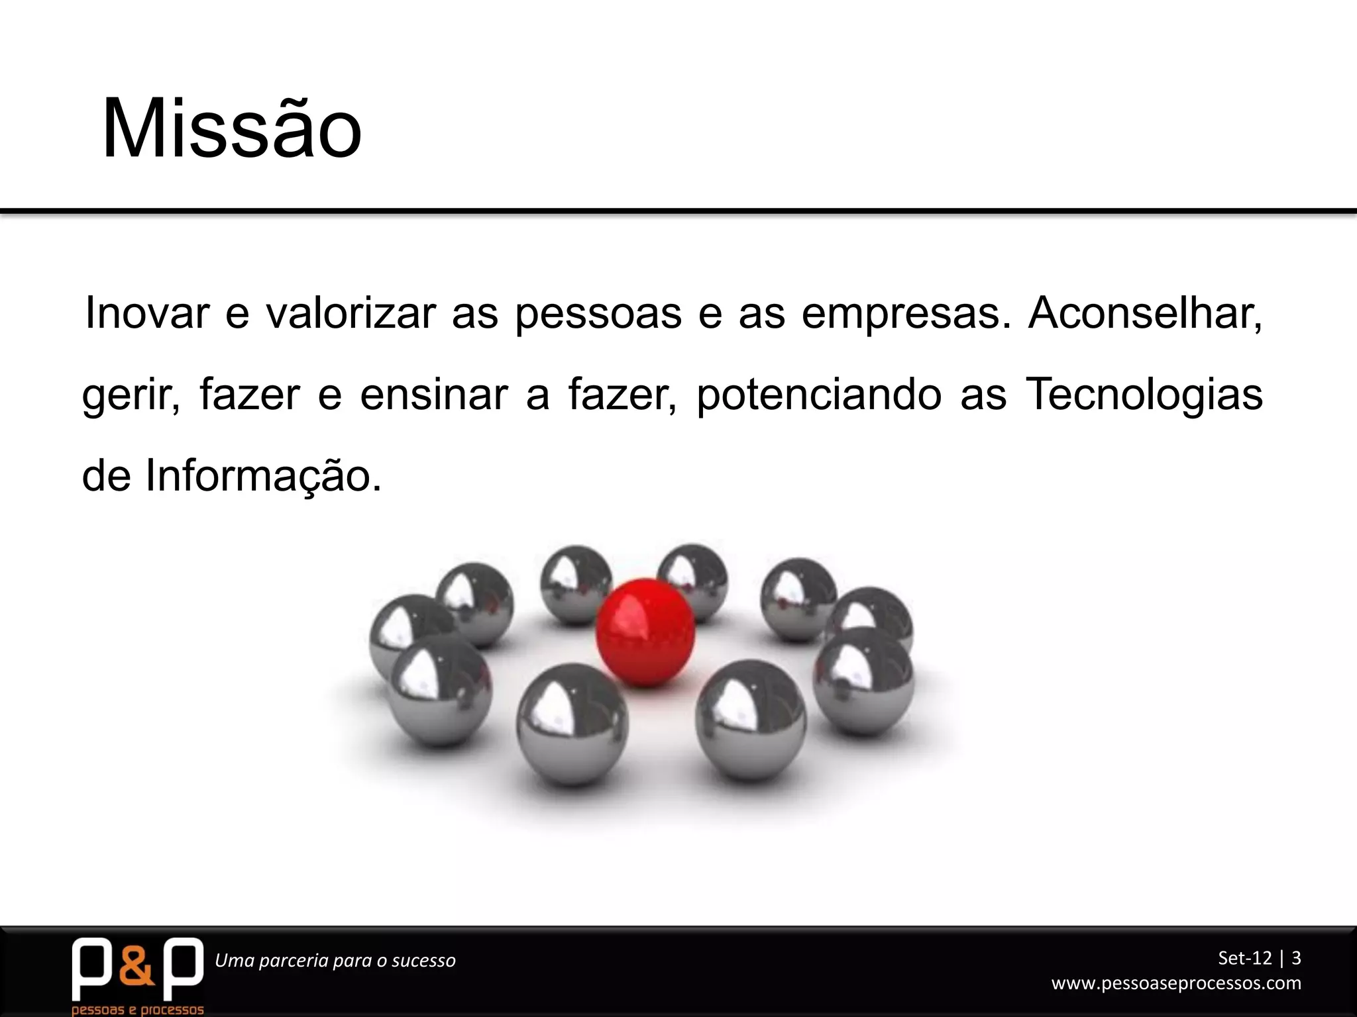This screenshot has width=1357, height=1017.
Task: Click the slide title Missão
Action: pyautogui.click(x=232, y=129)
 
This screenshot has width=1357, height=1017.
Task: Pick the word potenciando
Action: pyautogui.click(x=819, y=395)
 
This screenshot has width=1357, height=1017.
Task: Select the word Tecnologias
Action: pyautogui.click(x=1144, y=395)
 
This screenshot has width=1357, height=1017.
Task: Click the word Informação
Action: pyautogui.click(x=263, y=475)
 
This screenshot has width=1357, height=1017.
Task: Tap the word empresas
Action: pyautogui.click(x=906, y=314)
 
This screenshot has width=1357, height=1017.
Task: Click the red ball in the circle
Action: pyautogui.click(x=645, y=632)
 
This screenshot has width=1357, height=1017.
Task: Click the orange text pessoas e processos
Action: pyautogui.click(x=137, y=1010)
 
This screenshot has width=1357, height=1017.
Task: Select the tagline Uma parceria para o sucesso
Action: pyautogui.click(x=335, y=960)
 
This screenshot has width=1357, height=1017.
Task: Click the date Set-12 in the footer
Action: pyautogui.click(x=1245, y=957)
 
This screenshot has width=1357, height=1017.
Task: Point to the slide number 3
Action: pyautogui.click(x=1296, y=957)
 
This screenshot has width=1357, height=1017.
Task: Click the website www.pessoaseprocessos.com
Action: pyautogui.click(x=1176, y=983)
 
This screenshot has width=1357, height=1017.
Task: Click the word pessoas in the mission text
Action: pyautogui.click(x=598, y=314)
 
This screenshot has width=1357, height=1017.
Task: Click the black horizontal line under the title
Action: pyautogui.click(x=678, y=212)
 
